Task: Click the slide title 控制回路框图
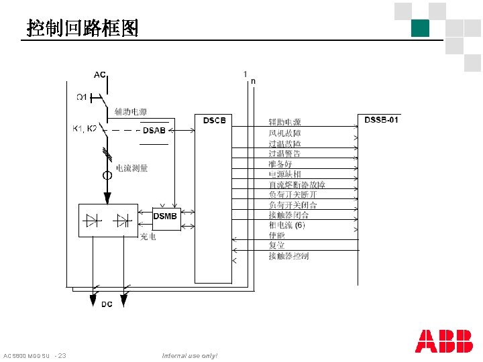tap(83, 27)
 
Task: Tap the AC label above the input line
tap(99, 74)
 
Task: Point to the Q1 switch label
tap(80, 98)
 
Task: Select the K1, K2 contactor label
tap(85, 128)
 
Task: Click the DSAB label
tap(154, 130)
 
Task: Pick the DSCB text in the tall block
tap(214, 121)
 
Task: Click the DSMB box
tap(166, 217)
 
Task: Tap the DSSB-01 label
tap(381, 120)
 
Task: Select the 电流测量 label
tap(132, 168)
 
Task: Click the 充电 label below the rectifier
tap(148, 237)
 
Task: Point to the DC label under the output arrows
tap(107, 305)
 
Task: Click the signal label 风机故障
tap(284, 133)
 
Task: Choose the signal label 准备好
tap(280, 164)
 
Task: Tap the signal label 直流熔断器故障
tap(297, 184)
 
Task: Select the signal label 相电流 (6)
tap(287, 225)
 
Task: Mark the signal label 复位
tap(276, 245)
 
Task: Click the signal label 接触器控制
tap(288, 256)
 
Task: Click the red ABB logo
tap(443, 341)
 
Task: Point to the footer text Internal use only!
tap(190, 355)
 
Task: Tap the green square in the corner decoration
tap(421, 27)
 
